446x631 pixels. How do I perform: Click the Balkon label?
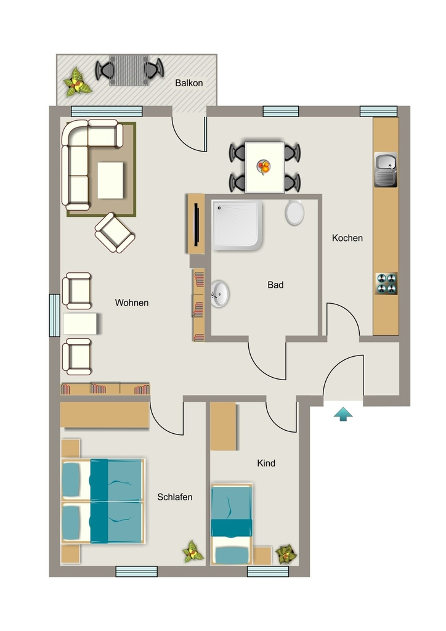click(x=189, y=83)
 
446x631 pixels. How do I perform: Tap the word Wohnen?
click(x=132, y=303)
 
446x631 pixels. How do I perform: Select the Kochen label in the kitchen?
click(x=347, y=238)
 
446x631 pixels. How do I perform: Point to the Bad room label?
click(x=275, y=285)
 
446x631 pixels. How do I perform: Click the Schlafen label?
click(x=175, y=497)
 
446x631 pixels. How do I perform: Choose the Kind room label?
click(x=266, y=463)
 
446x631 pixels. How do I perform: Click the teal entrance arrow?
click(x=343, y=414)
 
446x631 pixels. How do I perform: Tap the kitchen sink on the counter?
click(x=386, y=169)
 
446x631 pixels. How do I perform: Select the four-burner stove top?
click(x=386, y=283)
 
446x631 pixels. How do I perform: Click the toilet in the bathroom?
click(x=295, y=212)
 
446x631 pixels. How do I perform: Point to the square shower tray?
click(x=237, y=226)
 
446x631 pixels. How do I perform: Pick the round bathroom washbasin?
click(x=220, y=294)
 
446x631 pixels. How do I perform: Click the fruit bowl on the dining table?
click(x=264, y=166)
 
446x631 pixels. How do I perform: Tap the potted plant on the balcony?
click(x=77, y=83)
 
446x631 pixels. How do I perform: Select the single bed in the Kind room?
click(x=232, y=524)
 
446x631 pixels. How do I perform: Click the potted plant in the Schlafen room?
click(x=193, y=552)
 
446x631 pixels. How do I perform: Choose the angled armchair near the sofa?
click(x=115, y=232)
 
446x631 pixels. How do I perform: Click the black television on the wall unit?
click(x=197, y=224)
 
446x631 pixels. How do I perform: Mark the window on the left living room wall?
click(x=54, y=315)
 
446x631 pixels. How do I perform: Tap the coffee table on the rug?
click(x=110, y=180)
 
